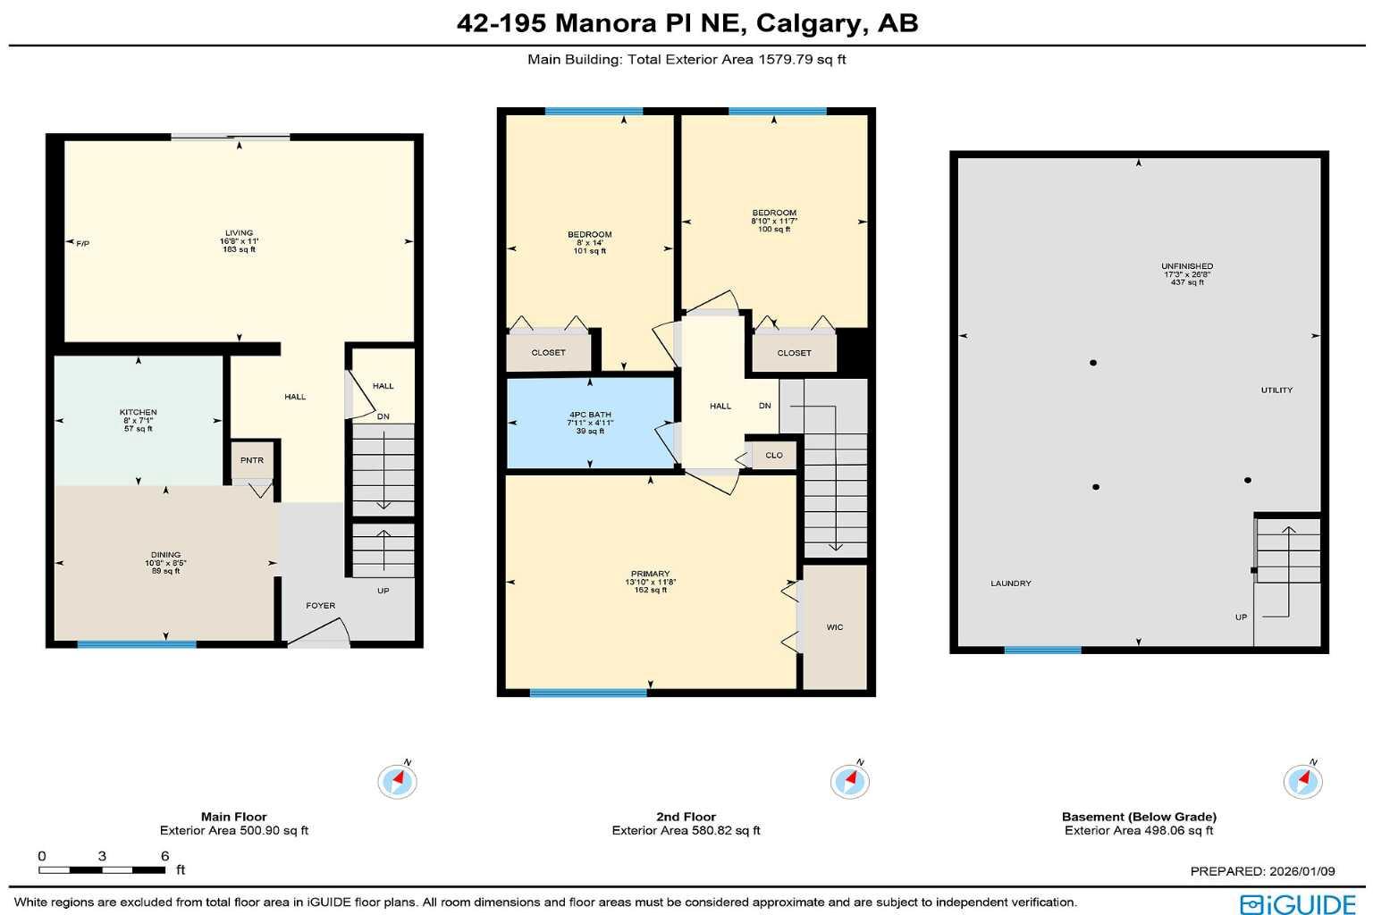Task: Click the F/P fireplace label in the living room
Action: pos(83,243)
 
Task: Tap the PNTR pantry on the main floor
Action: pos(252,460)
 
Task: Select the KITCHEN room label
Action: pos(139,413)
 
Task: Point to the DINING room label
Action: pos(165,555)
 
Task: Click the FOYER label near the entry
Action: pos(320,606)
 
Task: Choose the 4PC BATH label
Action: pos(590,415)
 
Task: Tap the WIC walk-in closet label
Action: pos(834,627)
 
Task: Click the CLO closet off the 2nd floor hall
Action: pos(774,456)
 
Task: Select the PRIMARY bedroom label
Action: pos(650,574)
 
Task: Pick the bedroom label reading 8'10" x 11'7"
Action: pos(774,221)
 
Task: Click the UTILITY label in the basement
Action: pos(1276,390)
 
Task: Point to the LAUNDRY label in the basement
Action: pos(1011,583)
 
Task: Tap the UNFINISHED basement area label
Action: pos(1187,266)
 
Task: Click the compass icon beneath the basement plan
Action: pos(1302,782)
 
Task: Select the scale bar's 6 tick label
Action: pos(164,856)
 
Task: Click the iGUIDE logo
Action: pos(1298,903)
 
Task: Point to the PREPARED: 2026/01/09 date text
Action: pos(1262,871)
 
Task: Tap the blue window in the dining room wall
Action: pos(136,644)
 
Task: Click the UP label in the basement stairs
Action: pos(1241,617)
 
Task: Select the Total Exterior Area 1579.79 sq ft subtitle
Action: pos(686,60)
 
